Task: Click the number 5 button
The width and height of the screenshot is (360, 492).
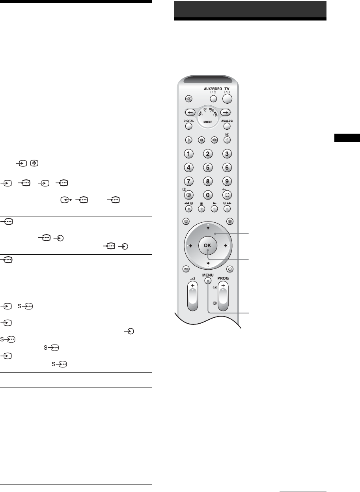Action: click(x=208, y=168)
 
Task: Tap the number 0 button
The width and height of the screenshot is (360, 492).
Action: click(x=208, y=195)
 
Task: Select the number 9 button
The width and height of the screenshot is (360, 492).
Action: click(x=227, y=181)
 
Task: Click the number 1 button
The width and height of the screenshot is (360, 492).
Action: click(x=189, y=154)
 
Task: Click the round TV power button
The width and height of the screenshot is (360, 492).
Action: click(x=227, y=99)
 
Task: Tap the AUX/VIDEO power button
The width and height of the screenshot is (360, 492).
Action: click(x=213, y=99)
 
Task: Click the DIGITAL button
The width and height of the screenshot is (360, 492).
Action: click(x=189, y=126)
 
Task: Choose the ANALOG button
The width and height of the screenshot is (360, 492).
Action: click(x=227, y=126)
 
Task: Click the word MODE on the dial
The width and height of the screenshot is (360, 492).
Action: click(x=208, y=122)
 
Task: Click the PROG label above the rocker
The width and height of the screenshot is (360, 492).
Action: click(x=223, y=278)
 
